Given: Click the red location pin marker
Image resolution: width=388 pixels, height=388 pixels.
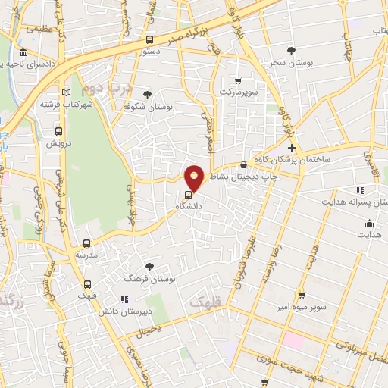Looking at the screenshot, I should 195,177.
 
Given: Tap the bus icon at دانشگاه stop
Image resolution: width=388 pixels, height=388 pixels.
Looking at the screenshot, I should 188,192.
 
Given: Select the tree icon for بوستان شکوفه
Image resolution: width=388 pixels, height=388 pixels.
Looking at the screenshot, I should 146,95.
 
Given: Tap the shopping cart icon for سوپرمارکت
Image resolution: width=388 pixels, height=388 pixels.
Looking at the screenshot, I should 238,80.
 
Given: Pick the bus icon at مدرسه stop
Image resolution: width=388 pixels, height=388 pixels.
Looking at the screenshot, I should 86,243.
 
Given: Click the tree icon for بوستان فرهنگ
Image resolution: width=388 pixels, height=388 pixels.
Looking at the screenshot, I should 149,266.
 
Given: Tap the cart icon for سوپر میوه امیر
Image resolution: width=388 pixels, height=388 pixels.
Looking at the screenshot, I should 302,294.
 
